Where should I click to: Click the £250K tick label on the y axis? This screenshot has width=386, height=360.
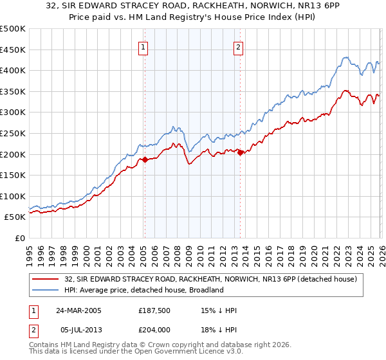(13, 133)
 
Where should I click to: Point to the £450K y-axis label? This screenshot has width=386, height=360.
(13, 50)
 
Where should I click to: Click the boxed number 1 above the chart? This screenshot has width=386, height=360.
(143, 46)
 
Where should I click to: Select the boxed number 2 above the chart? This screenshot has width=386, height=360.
(239, 46)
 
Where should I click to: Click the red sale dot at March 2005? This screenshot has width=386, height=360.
(145, 159)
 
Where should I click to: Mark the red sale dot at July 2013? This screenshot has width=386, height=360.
(240, 152)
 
